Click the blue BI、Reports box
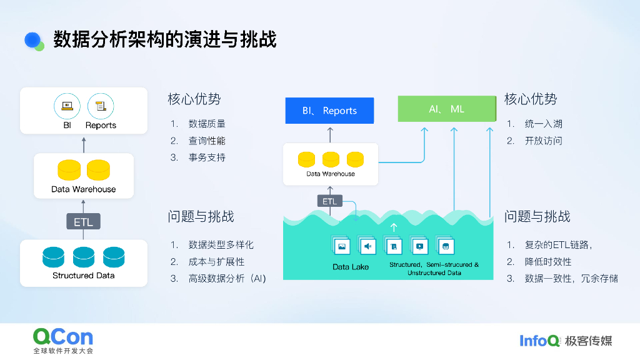click(329, 110)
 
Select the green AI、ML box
click(447, 109)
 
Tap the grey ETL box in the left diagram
click(83, 222)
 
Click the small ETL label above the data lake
click(330, 201)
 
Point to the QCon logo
click(63, 340)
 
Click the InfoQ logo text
click(539, 341)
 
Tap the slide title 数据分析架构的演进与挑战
click(165, 39)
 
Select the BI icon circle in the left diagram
click(67, 106)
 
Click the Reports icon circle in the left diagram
click(101, 106)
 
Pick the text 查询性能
click(207, 141)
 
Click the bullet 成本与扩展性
click(216, 262)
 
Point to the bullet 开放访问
click(543, 141)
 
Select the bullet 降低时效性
click(547, 262)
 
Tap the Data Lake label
click(351, 267)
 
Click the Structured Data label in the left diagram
click(84, 276)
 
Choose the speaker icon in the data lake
click(367, 246)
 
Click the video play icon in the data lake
click(419, 246)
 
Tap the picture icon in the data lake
click(342, 246)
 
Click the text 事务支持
click(207, 157)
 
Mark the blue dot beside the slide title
click(32, 40)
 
